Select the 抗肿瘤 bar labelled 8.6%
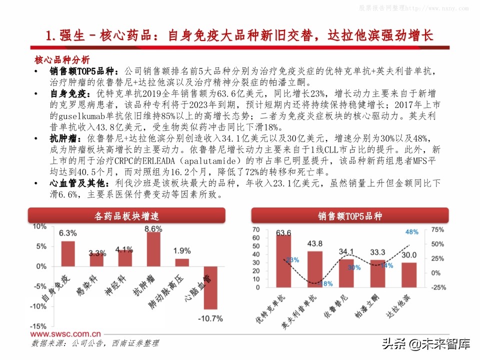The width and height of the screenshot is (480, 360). (153, 249)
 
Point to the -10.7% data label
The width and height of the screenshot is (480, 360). (210, 318)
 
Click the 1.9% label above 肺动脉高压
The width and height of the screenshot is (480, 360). (182, 251)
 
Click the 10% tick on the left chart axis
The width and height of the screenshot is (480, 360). (39, 226)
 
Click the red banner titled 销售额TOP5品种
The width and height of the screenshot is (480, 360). (349, 216)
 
